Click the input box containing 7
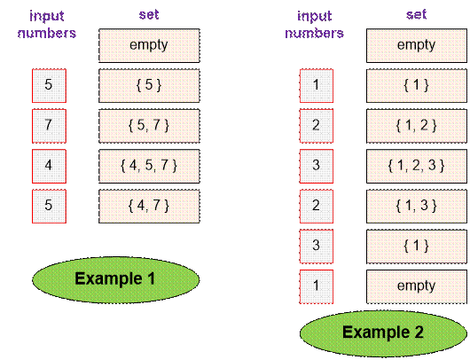pos(49,126)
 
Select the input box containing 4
pos(49,166)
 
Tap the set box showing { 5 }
pos(149,86)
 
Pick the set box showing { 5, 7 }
pos(149,126)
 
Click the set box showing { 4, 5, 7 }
pos(149,166)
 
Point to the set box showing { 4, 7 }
pos(149,207)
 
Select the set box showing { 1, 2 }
pos(417,126)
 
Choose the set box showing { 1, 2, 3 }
pos(417,166)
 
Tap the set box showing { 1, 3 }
pos(417,207)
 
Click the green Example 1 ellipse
pos(115,279)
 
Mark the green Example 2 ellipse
pos(383,333)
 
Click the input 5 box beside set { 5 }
pos(49,86)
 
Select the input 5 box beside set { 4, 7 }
pos(49,207)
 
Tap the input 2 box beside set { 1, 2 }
pos(317,126)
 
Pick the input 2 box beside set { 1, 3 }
pos(317,207)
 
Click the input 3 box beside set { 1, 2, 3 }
pos(317,166)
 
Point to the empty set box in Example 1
pos(149,45)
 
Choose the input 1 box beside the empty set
pos(317,286)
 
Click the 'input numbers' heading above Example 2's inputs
pos(315,25)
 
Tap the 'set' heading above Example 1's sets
pos(149,15)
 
